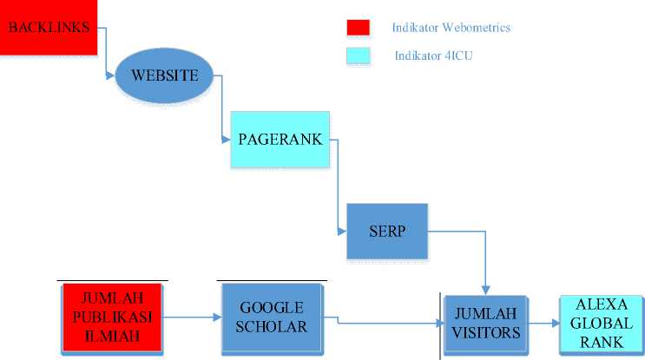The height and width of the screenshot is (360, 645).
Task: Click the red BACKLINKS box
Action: pos(49,28)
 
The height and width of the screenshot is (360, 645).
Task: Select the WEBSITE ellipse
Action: pos(165,74)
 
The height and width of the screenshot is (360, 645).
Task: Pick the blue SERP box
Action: pos(387,232)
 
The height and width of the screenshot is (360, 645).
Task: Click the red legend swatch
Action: pos(358,28)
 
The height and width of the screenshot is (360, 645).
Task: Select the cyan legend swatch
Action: pos(358,56)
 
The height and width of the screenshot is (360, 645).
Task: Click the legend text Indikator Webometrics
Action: pos(451,28)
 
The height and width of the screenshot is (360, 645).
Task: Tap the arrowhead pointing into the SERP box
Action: pos(342,232)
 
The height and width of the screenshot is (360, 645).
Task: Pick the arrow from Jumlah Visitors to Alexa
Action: pos(543,324)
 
